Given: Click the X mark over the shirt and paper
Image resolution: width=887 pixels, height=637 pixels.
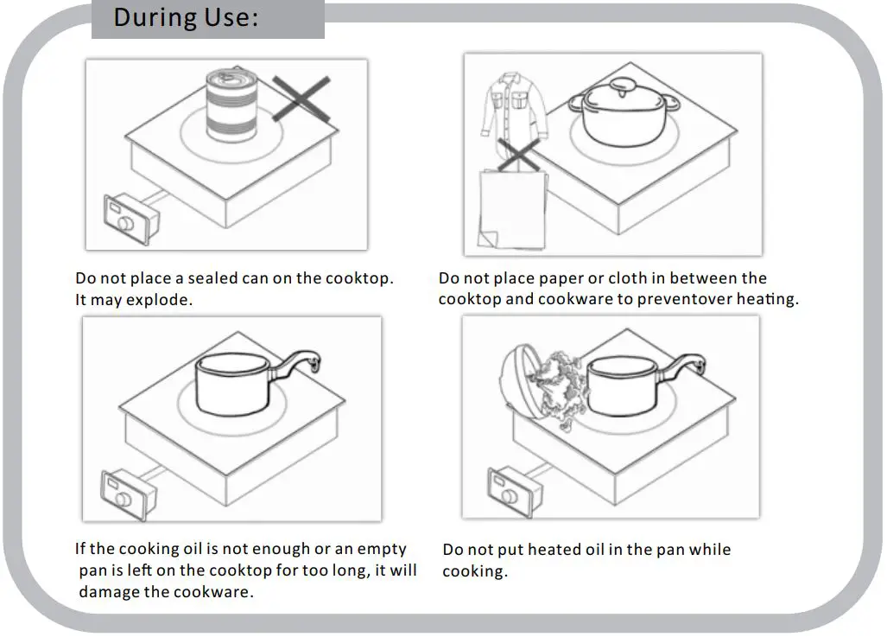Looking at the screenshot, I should click(x=518, y=160).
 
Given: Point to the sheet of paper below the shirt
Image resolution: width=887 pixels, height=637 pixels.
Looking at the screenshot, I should click(x=511, y=209).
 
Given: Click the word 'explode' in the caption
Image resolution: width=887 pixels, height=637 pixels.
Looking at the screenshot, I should click(x=161, y=301).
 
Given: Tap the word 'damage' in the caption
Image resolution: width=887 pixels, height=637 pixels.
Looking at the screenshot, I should click(x=109, y=592).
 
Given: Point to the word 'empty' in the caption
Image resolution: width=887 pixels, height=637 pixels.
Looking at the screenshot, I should click(x=382, y=549).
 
